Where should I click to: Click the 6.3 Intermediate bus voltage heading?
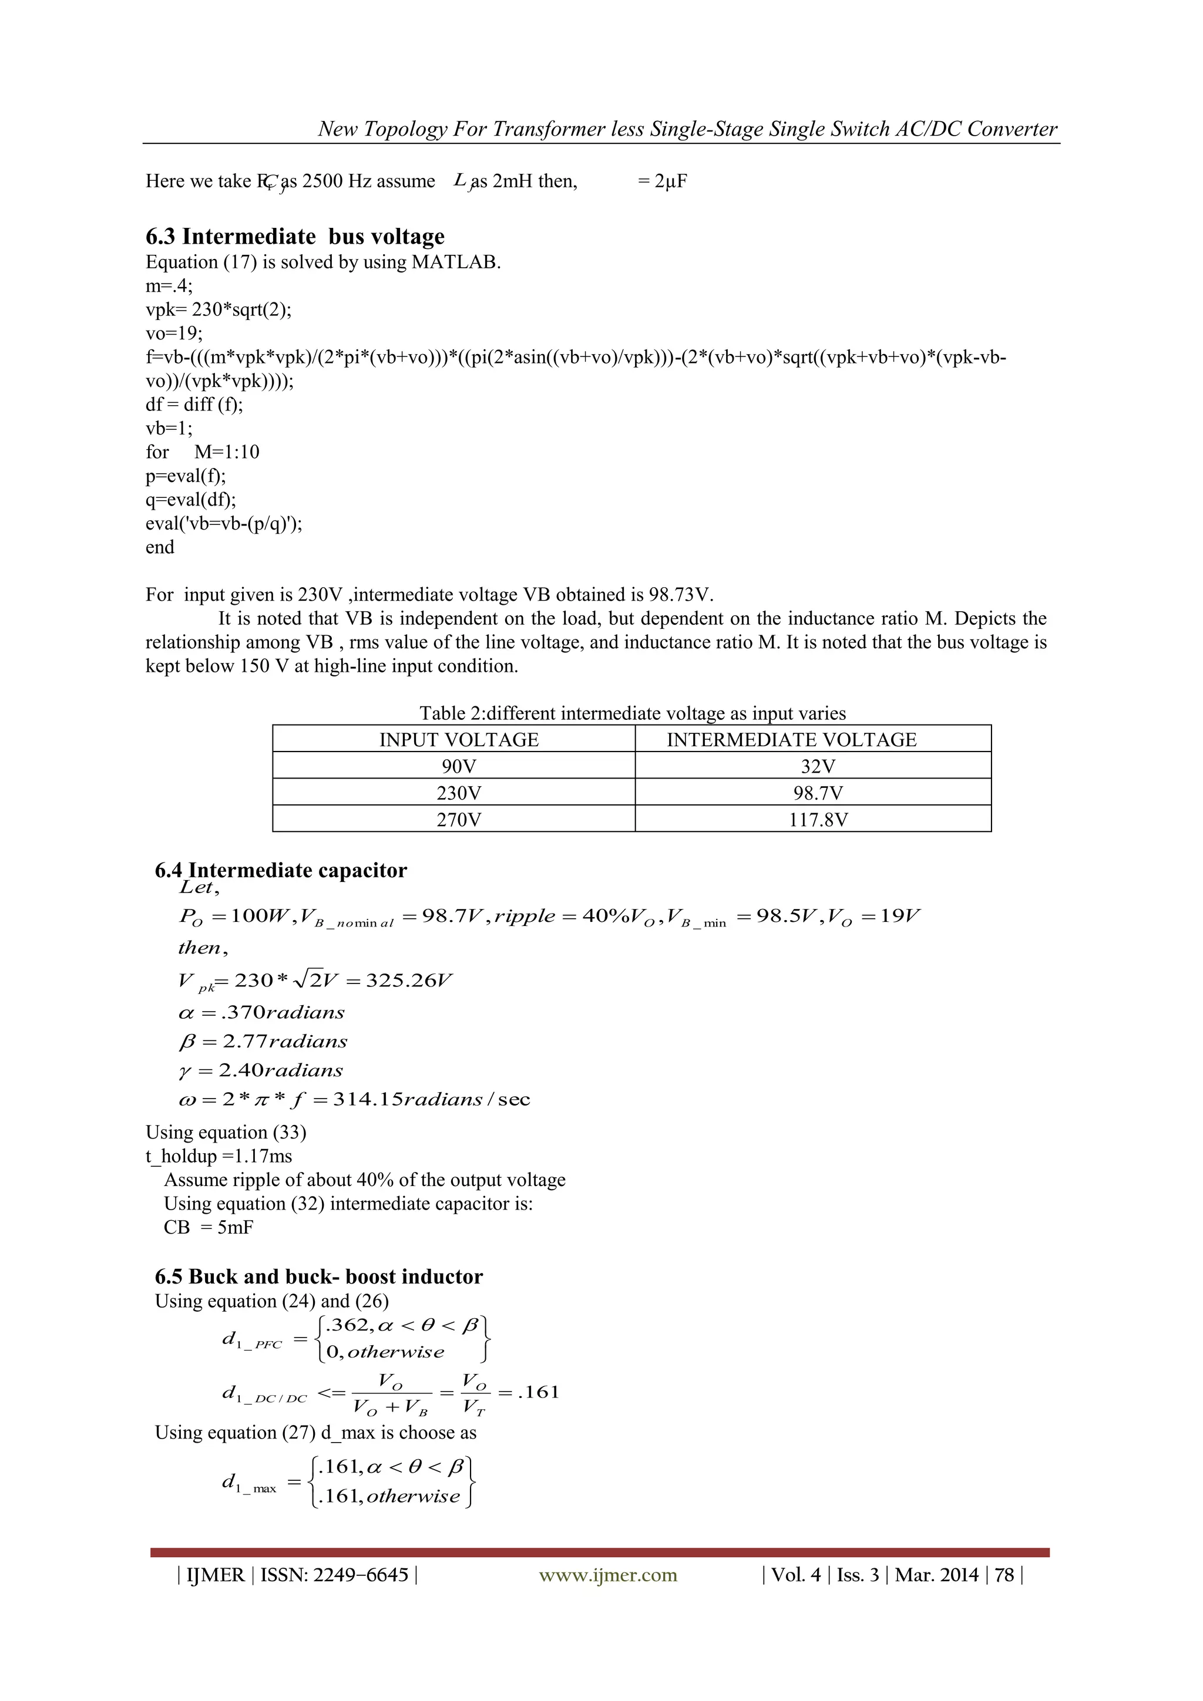[x=295, y=237]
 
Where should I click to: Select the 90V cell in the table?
[x=458, y=766]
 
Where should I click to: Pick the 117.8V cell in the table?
[x=818, y=820]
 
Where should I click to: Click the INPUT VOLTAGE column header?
[x=458, y=739]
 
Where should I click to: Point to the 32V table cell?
[x=818, y=766]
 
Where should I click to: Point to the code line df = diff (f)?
[x=194, y=405]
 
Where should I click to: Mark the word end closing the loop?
[x=160, y=547]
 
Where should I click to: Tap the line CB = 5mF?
[x=209, y=1228]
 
